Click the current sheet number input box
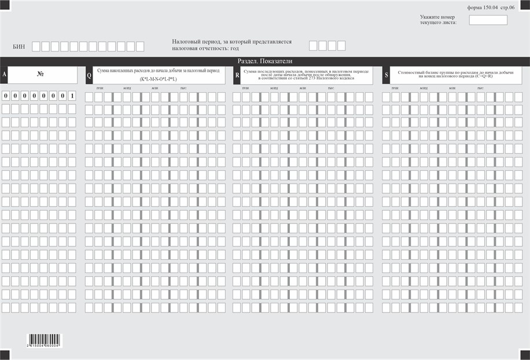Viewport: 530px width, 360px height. point(488,20)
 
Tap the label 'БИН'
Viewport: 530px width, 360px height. point(19,46)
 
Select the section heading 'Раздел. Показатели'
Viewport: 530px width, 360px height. point(265,61)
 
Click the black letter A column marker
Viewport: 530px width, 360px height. point(4,75)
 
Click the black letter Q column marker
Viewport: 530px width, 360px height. point(89,75)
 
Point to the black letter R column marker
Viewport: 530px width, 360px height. point(237,75)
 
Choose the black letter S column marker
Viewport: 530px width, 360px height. point(386,75)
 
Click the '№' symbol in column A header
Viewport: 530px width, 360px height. point(41,74)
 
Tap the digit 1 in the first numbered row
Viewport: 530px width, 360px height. point(72,95)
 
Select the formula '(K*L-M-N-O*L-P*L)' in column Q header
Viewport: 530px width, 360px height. point(158,79)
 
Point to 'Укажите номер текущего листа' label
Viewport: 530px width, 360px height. point(438,20)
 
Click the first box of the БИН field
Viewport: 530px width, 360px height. point(36,46)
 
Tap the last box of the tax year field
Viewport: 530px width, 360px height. point(341,46)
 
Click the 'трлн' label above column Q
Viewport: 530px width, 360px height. point(100,88)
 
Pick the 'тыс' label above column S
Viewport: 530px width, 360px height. point(480,88)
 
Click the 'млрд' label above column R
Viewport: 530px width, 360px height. point(275,88)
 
